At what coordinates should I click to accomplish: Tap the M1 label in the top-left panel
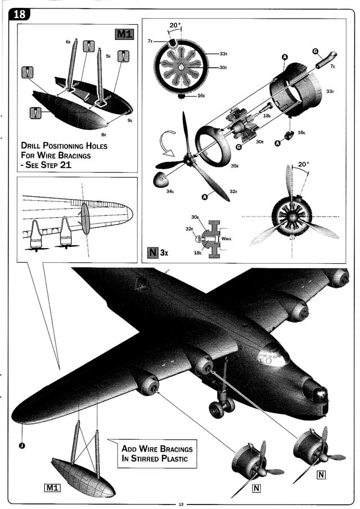[124, 34]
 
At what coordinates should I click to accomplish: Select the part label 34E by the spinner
[170, 191]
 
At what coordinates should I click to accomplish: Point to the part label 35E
[233, 166]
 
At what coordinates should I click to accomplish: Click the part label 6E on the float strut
[68, 41]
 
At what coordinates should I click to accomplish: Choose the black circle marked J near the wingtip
[21, 446]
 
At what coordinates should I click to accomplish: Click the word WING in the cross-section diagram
[226, 238]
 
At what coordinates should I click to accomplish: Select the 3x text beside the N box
[164, 253]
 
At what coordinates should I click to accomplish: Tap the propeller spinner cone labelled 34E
[163, 179]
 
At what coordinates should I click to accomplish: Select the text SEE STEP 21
[48, 166]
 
